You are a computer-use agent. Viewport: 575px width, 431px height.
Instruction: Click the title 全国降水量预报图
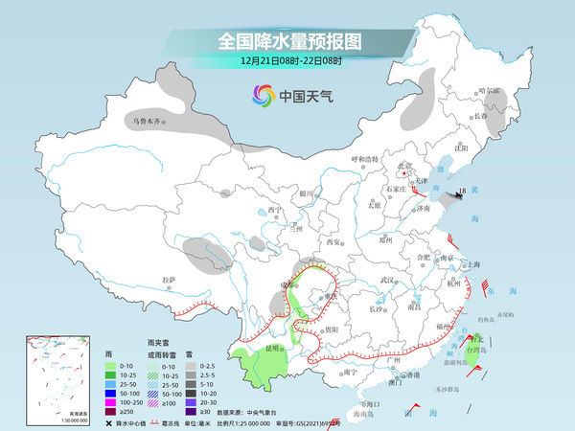tap(287, 41)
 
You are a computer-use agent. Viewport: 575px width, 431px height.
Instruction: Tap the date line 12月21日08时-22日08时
tap(287, 61)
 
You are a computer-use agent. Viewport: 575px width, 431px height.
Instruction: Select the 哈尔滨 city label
tap(490, 90)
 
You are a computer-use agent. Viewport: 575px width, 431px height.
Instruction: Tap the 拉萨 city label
tap(170, 280)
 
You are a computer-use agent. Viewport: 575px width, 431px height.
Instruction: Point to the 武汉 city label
tap(387, 279)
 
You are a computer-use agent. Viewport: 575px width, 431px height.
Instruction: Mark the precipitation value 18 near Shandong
tap(462, 192)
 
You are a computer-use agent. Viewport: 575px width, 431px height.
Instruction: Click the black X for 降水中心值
tap(108, 423)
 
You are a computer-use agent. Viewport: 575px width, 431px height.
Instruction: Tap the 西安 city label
tap(333, 242)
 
